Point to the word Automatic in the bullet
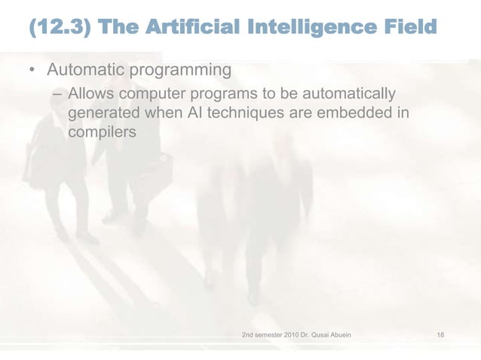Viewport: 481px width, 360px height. tap(86, 70)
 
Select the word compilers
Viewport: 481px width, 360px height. tap(102, 133)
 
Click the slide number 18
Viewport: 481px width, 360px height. tap(441, 334)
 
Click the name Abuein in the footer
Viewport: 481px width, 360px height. tap(338, 334)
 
